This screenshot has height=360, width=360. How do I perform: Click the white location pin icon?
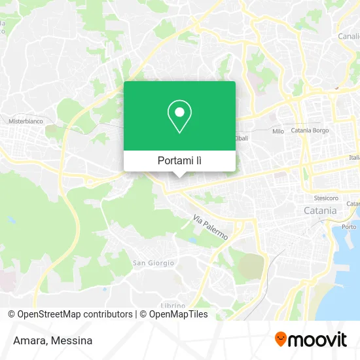click(x=179, y=117)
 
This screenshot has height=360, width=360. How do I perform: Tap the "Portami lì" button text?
click(x=180, y=160)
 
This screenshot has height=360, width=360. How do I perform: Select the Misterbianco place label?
click(x=24, y=121)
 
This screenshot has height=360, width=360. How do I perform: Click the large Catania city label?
click(x=320, y=211)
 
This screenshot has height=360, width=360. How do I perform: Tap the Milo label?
click(x=278, y=131)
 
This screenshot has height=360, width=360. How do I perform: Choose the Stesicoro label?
click(x=325, y=197)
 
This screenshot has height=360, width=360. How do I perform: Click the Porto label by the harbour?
click(x=350, y=226)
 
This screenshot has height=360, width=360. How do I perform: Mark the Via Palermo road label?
click(x=210, y=226)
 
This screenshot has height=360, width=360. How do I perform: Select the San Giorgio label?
click(x=153, y=263)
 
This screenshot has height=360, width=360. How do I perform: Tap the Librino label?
click(x=173, y=305)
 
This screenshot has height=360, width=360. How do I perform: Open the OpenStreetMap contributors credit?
click(x=75, y=314)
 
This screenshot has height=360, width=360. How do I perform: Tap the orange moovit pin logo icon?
click(x=281, y=340)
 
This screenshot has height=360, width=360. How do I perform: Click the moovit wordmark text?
click(x=318, y=340)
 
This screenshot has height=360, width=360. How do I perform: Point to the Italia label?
click(x=354, y=158)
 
